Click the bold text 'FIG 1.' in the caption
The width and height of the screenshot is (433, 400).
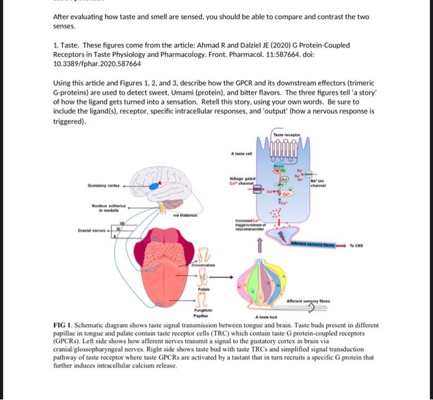click(64, 325)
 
